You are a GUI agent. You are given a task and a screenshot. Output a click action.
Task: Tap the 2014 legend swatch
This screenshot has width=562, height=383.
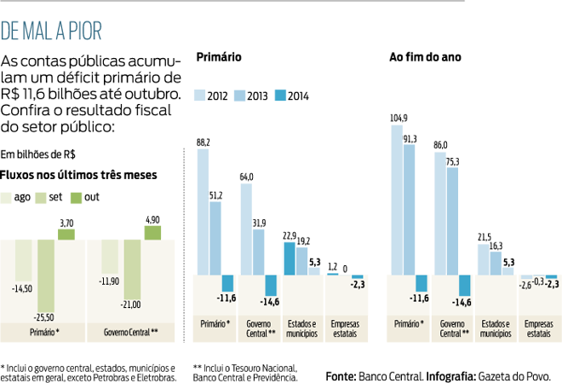280,95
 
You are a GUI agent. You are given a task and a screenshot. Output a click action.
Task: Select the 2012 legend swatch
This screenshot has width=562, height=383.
202,95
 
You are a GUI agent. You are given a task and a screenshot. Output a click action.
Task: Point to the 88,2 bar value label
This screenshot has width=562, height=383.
204,142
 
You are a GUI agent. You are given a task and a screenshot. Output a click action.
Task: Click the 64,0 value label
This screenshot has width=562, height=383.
247,177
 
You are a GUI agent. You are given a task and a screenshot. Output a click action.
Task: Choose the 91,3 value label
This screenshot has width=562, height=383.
410,138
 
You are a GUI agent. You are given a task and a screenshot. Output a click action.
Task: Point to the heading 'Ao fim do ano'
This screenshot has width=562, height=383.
425,58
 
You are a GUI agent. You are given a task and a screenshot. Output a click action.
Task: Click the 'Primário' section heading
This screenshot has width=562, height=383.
219,58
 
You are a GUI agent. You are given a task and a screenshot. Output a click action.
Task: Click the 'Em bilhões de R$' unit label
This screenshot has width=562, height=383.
37,155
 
